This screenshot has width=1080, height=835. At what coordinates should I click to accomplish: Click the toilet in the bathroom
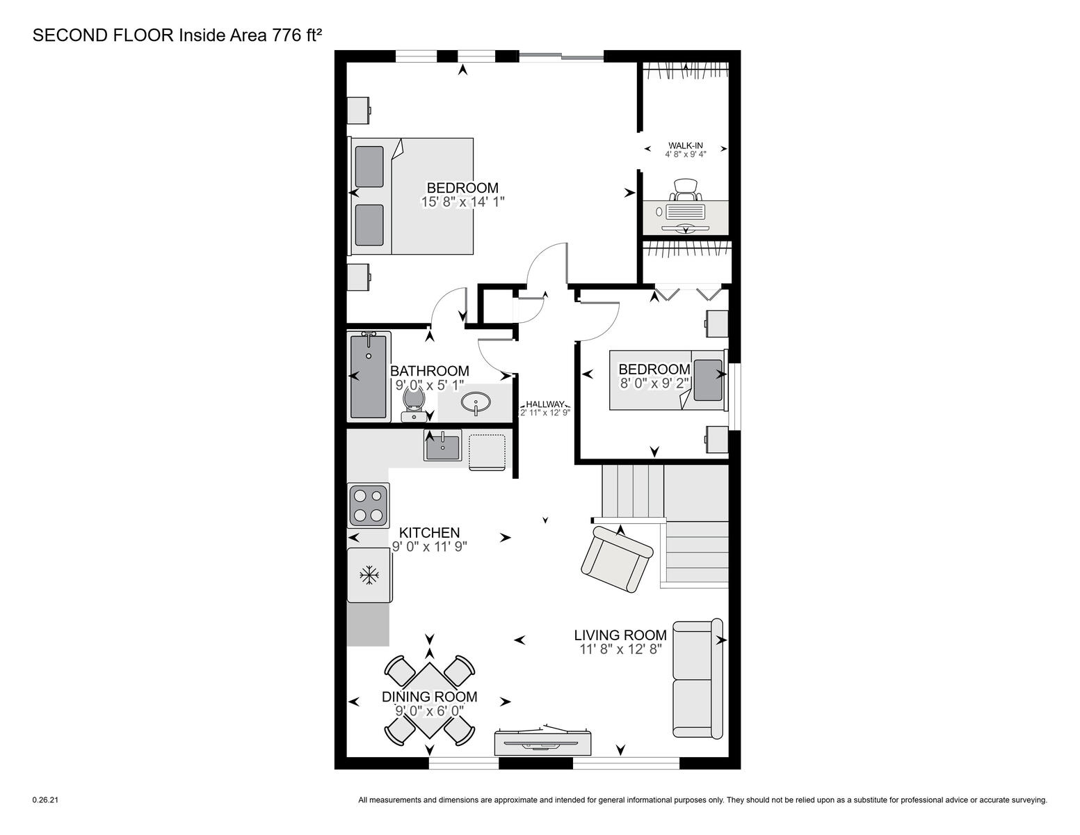pyautogui.click(x=414, y=404)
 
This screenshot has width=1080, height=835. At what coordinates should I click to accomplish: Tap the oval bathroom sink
pyautogui.click(x=476, y=401)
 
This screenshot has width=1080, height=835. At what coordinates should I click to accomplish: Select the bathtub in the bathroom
pyautogui.click(x=369, y=376)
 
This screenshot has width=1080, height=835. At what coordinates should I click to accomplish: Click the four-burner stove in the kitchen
pyautogui.click(x=369, y=504)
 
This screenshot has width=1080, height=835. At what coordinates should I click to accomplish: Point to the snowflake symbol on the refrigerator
pyautogui.click(x=369, y=576)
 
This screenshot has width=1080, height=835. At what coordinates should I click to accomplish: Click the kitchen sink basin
pyautogui.click(x=442, y=445)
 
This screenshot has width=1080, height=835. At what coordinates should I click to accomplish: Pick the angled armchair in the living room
pyautogui.click(x=618, y=559)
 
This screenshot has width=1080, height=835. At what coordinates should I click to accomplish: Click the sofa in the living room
pyautogui.click(x=698, y=678)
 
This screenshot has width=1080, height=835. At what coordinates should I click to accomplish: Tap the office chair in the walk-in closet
pyautogui.click(x=686, y=190)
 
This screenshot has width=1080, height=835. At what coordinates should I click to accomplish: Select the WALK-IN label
pyautogui.click(x=686, y=145)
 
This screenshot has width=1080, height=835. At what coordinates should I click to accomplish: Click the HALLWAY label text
pyautogui.click(x=545, y=404)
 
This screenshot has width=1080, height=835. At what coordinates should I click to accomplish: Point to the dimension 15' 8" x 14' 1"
pyautogui.click(x=462, y=202)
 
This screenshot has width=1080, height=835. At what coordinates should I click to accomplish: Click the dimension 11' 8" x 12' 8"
pyautogui.click(x=620, y=649)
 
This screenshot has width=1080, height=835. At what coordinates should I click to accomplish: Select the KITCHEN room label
pyautogui.click(x=429, y=532)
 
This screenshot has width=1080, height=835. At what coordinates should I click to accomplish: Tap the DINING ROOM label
pyautogui.click(x=429, y=697)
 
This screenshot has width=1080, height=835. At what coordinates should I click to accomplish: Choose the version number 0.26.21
pyautogui.click(x=45, y=800)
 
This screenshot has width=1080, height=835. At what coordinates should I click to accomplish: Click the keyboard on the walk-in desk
pyautogui.click(x=686, y=212)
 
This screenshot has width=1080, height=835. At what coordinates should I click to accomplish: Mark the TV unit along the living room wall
pyautogui.click(x=542, y=742)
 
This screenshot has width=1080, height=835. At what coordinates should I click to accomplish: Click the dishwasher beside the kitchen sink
pyautogui.click(x=487, y=452)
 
